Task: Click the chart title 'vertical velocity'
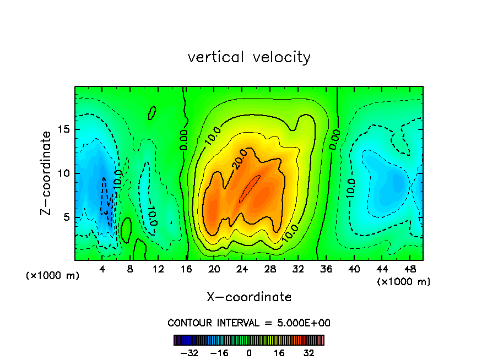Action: click(249, 57)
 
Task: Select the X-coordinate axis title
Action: click(249, 297)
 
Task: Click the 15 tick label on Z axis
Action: click(62, 129)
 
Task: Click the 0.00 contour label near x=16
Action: click(184, 140)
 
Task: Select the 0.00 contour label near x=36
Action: click(335, 139)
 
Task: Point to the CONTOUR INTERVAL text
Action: click(249, 323)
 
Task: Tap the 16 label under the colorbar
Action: click(279, 353)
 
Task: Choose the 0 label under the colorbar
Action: click(249, 353)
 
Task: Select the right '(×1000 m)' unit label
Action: click(404, 281)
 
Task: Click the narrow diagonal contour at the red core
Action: click(250, 189)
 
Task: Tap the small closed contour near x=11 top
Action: click(152, 113)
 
